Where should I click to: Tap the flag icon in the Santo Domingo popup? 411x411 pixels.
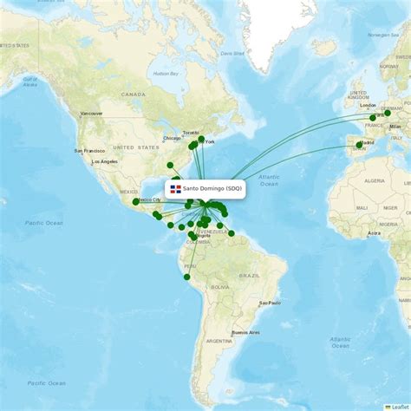tap(175, 188)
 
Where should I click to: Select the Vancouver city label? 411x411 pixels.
tap(91, 114)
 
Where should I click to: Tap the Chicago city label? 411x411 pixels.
tap(171, 138)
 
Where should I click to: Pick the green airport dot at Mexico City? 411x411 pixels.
tap(135, 201)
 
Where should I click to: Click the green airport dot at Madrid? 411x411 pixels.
tap(359, 145)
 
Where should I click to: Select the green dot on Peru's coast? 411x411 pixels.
tap(186, 277)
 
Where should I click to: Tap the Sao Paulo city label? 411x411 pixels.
tap(270, 303)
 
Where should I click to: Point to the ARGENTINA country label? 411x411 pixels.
tap(219, 341)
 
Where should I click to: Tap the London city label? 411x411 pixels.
tap(369, 105)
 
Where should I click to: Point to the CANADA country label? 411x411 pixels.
tap(133, 94)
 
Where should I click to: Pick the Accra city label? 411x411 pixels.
tap(374, 232)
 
